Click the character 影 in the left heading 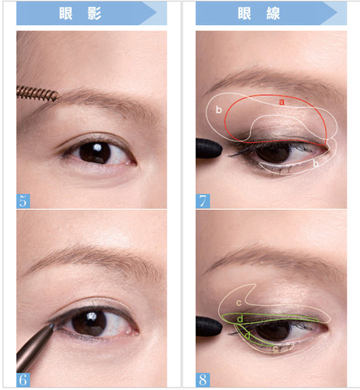tap(94, 13)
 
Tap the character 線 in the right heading tap(273, 13)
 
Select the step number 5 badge tap(23, 201)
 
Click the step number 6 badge tap(23, 380)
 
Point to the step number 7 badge tap(203, 201)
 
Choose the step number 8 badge tap(203, 380)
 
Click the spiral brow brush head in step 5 tap(37, 94)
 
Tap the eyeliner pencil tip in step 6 tap(51, 326)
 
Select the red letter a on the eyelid tap(281, 102)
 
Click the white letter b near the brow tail tap(219, 110)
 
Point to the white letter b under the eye tap(316, 164)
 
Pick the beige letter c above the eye tap(239, 303)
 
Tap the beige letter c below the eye tap(275, 349)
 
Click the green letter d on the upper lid tap(241, 318)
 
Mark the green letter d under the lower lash tap(248, 335)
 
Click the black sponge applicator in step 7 tap(209, 148)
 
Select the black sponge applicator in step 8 tap(209, 326)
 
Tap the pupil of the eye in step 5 tap(95, 153)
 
